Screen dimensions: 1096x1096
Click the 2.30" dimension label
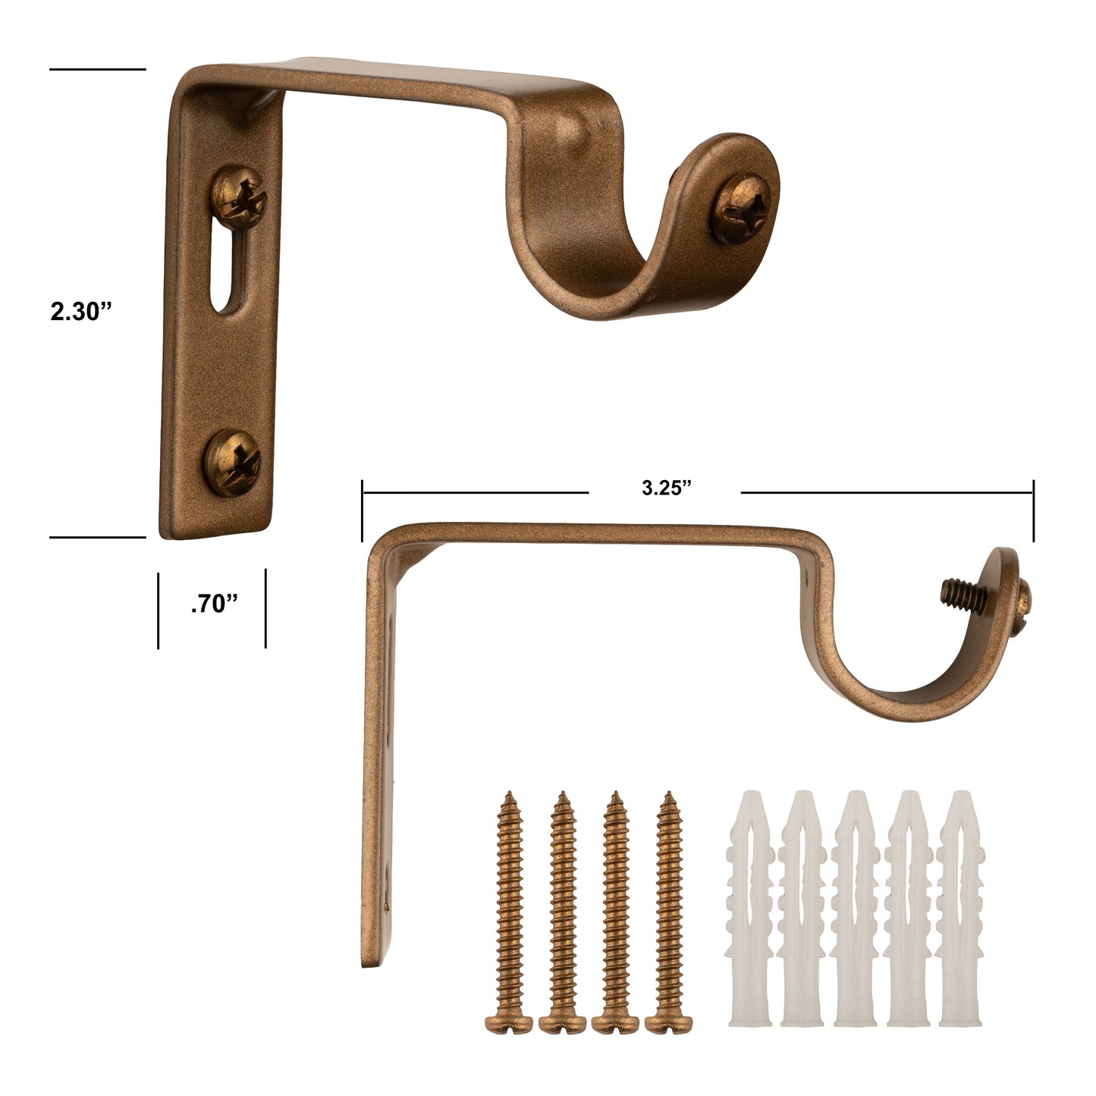[x=81, y=312]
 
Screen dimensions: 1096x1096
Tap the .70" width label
[x=215, y=605]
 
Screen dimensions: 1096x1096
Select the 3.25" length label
[x=666, y=488]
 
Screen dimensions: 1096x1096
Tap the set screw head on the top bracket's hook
[x=741, y=209]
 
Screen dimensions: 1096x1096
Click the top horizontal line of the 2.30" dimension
[x=97, y=69]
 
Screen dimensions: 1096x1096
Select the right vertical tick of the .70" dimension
[x=265, y=609]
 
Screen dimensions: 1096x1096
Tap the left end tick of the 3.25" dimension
[x=363, y=510]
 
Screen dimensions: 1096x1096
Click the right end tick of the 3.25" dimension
[x=1033, y=510]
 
